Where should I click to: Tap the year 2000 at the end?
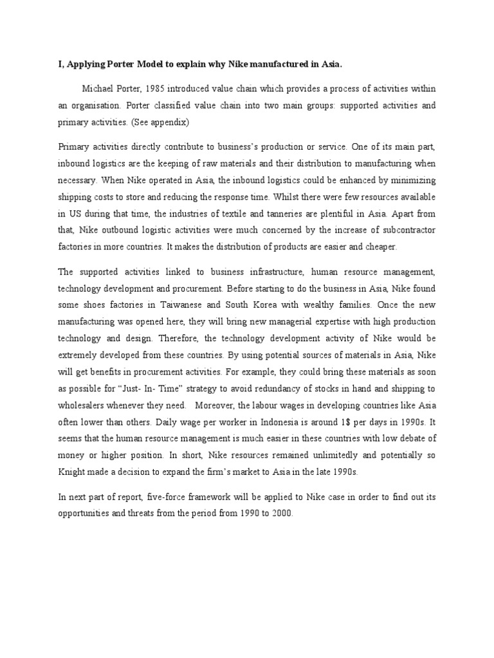[x=281, y=514]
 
